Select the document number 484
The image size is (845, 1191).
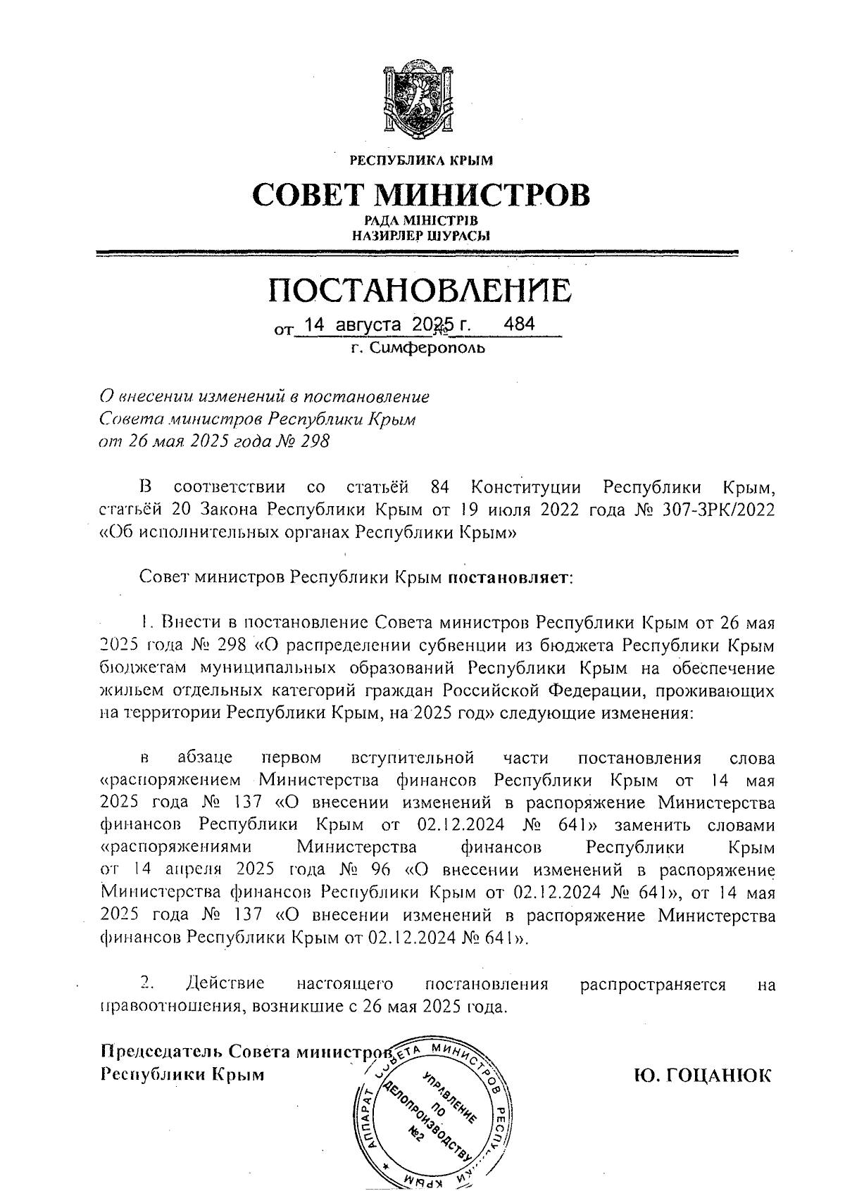point(520,324)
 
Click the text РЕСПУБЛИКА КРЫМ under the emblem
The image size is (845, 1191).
point(421,160)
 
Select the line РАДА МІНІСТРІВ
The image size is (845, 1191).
point(421,222)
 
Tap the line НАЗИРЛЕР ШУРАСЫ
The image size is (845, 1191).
point(421,236)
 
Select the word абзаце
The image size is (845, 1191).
point(205,758)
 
